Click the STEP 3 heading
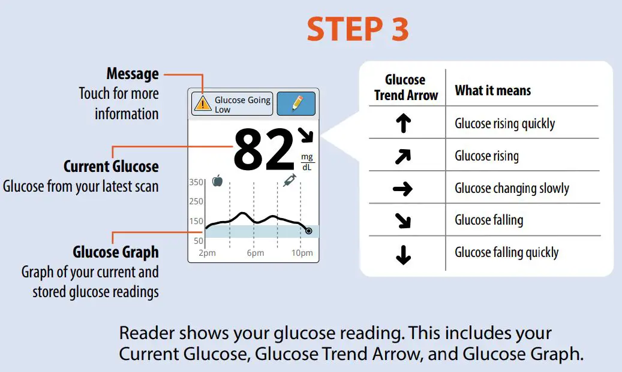point(357,29)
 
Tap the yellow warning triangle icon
point(203,104)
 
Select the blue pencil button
point(296,104)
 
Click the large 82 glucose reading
point(264,149)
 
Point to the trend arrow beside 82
point(307,135)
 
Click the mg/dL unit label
point(307,162)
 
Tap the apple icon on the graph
point(217,180)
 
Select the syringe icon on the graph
point(289,180)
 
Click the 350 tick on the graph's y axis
point(196,182)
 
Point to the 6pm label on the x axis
point(255,253)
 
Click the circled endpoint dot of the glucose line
point(308,231)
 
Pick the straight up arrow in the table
point(403,123)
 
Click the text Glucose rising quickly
point(504,124)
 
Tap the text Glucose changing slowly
point(512,189)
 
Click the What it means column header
point(492,90)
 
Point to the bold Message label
point(133,74)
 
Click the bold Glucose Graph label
point(116,252)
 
